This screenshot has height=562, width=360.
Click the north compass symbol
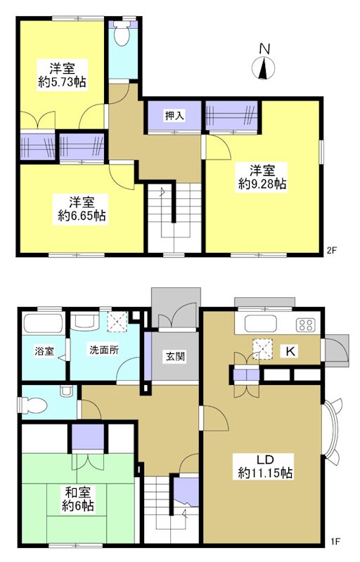264,67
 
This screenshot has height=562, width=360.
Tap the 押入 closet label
175,116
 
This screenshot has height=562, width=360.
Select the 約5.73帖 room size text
63,82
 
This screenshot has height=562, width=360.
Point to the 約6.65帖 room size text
82,217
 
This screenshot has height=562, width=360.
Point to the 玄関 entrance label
176,356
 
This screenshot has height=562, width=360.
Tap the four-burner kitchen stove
306,325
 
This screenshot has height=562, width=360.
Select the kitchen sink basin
262,325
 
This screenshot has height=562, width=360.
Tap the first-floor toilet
34,403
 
